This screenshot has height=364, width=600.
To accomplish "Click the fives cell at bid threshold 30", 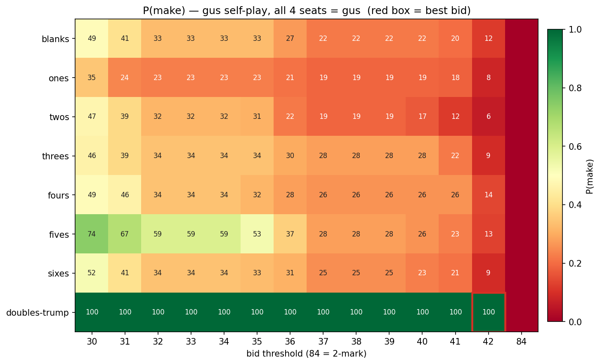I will pos(92,234).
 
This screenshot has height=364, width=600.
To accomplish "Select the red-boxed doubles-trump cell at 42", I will pos(489,312).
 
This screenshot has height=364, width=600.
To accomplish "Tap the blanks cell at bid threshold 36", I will pos(290,38).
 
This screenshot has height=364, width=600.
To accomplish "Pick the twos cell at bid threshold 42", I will pos(489,117).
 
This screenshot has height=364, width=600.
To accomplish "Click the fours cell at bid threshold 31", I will pos(125,195).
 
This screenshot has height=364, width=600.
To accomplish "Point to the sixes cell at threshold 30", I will pos(92,273).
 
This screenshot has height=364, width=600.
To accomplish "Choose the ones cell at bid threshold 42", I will pos(489,78).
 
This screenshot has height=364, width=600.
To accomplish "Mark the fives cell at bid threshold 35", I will pos(257,234).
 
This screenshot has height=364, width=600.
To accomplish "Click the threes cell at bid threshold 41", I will pos(456,156).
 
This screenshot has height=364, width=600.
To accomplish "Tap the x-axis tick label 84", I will pos(522,342).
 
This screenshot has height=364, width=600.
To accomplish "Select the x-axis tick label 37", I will pos(323,342).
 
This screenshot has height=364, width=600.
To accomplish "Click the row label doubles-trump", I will pos(38,313).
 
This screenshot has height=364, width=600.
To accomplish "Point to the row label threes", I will pos(55,156).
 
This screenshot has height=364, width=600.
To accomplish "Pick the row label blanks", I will pos(55,39).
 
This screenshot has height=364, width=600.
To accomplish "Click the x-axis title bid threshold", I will pos(306,354).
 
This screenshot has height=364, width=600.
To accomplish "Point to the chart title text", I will pos(307,11).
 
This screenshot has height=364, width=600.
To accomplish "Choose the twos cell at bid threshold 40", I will pos(423,117).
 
